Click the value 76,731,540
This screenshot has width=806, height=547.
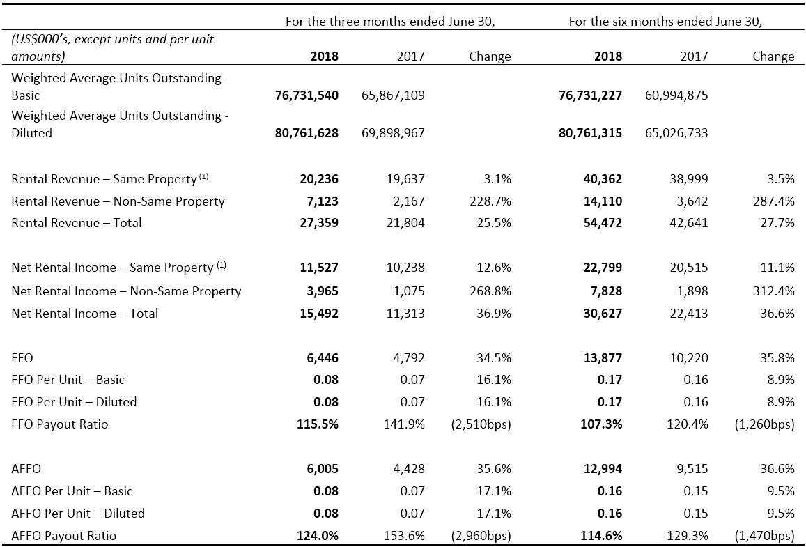[x=307, y=95]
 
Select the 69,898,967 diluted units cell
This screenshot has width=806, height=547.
[x=393, y=133]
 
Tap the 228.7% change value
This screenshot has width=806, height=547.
[x=490, y=201]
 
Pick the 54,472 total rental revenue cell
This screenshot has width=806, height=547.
[x=603, y=223]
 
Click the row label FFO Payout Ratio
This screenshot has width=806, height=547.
[x=60, y=424]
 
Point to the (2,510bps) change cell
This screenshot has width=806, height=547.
[x=481, y=424]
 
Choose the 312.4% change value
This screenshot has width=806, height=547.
[x=774, y=291]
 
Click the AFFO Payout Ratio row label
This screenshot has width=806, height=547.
[x=63, y=536]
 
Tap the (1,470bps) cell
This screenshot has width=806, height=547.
[x=764, y=536]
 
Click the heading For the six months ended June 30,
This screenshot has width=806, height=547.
[x=665, y=22]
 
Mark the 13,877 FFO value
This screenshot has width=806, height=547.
[x=603, y=357]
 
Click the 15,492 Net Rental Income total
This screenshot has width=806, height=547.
[x=319, y=314]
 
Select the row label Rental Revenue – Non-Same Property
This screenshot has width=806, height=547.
[x=118, y=201]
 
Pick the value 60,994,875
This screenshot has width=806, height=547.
[x=676, y=95]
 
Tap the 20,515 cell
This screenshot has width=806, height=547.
[x=692, y=268]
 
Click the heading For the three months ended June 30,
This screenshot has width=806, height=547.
[x=390, y=22]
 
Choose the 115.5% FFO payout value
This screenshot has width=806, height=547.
[x=318, y=424]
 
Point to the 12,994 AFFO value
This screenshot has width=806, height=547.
[x=603, y=469]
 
